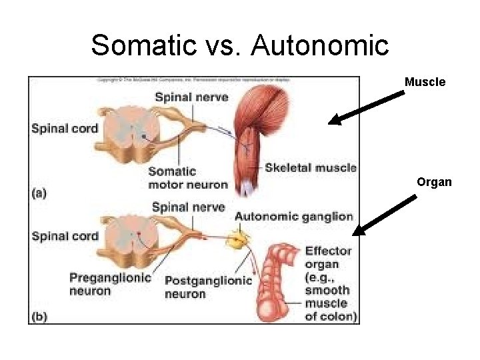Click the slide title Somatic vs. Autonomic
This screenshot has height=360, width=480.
(239, 45)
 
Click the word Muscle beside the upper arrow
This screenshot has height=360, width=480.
(425, 82)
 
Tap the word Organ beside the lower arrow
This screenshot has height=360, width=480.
(435, 181)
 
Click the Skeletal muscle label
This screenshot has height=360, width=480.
(310, 167)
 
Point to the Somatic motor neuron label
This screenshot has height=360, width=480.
(188, 178)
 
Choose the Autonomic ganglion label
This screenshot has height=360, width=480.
(293, 216)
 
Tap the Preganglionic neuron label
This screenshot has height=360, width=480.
(110, 284)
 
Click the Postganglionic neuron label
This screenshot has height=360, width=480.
(208, 287)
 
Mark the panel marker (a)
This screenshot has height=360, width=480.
(40, 193)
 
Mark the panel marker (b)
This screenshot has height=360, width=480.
(40, 317)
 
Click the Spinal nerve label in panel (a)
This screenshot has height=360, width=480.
(191, 97)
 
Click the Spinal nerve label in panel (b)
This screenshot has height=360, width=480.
(188, 207)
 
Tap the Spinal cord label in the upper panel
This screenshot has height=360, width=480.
(65, 128)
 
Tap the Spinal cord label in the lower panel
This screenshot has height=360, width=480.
(65, 235)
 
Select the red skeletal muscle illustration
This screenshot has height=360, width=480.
(257, 133)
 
